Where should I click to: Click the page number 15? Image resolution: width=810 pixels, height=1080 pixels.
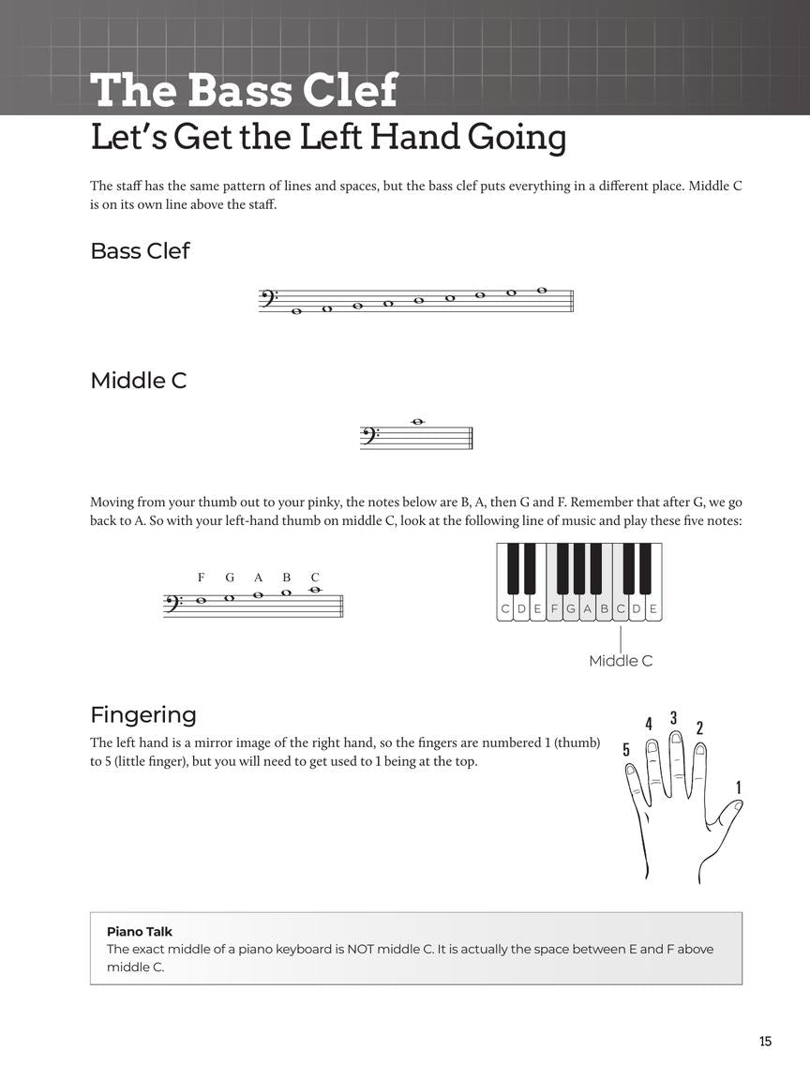click(765, 1041)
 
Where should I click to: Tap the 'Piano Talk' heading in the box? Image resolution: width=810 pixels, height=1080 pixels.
click(140, 932)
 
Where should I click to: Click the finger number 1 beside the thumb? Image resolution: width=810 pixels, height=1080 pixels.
click(738, 787)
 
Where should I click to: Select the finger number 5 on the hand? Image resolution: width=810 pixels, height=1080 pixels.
click(626, 749)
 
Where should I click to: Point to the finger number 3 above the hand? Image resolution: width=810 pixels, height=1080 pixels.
click(673, 718)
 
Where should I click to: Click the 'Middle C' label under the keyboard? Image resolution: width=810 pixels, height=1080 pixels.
click(621, 661)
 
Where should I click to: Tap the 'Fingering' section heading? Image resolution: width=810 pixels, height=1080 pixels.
click(143, 715)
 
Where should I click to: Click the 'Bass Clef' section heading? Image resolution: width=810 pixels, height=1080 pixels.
click(140, 251)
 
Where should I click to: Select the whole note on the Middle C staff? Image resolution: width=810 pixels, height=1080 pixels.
click(418, 422)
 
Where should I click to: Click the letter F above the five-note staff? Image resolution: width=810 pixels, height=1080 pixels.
click(201, 577)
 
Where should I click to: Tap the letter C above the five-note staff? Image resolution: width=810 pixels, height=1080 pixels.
click(315, 577)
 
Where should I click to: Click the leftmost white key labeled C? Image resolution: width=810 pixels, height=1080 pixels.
click(505, 609)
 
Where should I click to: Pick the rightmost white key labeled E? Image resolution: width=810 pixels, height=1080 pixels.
click(653, 609)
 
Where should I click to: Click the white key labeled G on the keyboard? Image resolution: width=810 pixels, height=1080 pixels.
click(571, 609)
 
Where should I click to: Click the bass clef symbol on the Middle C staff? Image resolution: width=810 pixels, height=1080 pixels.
click(370, 436)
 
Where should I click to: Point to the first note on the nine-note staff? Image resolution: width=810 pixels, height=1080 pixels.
click(296, 311)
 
